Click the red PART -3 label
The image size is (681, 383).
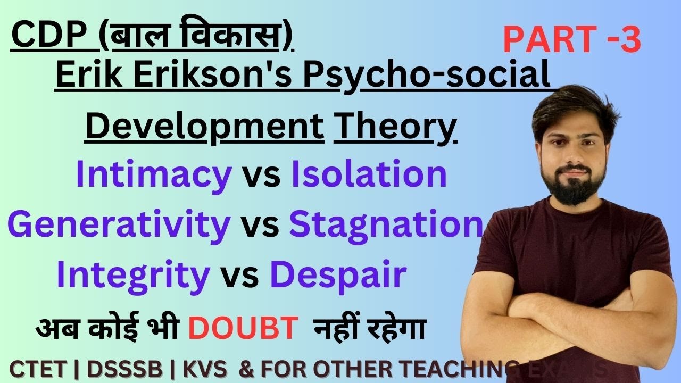click(x=571, y=41)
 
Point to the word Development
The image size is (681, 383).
click(x=204, y=127)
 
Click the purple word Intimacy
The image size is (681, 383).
click(x=154, y=175)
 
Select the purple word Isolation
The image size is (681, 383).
click(x=369, y=175)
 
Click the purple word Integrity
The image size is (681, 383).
click(x=133, y=274)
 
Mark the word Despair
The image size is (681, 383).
click(x=338, y=274)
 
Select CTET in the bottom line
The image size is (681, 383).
click(x=38, y=368)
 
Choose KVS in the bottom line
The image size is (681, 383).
click(x=200, y=368)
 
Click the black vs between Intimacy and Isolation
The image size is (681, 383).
click(x=261, y=176)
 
